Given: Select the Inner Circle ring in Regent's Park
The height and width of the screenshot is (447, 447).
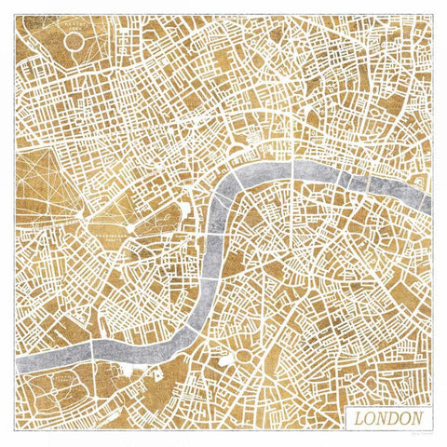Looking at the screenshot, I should pos(74,41).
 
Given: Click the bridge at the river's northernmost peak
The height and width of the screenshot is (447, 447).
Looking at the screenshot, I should pos(294,168).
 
